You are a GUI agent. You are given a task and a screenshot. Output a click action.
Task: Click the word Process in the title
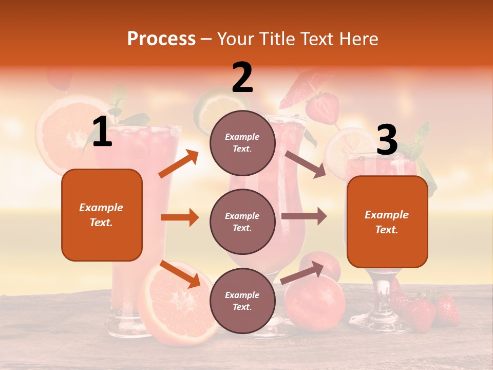(x=161, y=39)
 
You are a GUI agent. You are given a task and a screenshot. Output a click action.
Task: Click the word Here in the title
(x=359, y=39)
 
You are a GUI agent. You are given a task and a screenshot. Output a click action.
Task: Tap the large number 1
(x=102, y=132)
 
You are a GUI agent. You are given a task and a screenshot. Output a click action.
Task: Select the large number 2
(x=242, y=77)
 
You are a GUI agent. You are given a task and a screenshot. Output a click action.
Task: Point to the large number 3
(x=387, y=140)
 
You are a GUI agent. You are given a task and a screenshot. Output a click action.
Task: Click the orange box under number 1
(x=102, y=215)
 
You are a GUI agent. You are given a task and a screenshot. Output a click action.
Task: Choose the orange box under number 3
(x=387, y=221)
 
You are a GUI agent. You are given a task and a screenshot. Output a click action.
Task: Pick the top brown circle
(x=242, y=143)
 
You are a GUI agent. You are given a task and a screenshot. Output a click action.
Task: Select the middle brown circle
(x=242, y=221)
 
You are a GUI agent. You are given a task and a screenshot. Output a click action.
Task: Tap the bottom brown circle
(x=242, y=301)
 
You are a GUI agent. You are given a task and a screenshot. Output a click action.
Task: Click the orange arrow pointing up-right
(x=179, y=164)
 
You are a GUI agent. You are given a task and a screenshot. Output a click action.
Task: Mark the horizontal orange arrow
(x=180, y=217)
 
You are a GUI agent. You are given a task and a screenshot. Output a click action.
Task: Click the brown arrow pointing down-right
(x=306, y=164)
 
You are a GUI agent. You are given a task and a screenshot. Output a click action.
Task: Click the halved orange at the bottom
(x=172, y=303)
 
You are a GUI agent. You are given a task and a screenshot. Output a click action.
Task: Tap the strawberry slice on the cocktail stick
(x=322, y=107)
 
